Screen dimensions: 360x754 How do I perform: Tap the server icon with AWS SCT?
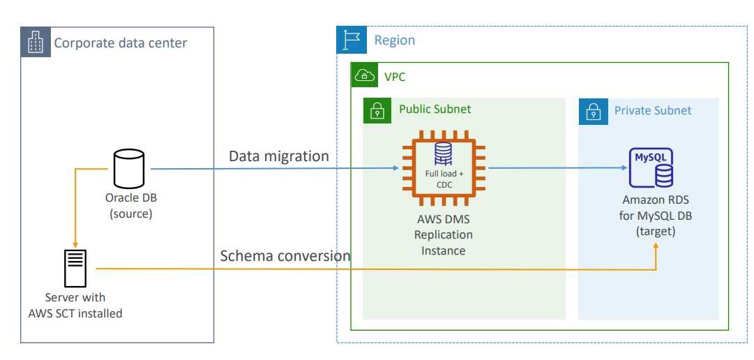[75, 268]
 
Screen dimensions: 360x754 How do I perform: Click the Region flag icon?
[351, 40]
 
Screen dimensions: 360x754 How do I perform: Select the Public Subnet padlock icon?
[377, 110]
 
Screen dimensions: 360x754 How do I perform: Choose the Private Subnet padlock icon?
[592, 111]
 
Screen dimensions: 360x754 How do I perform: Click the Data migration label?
[279, 156]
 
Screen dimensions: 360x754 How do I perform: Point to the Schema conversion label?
[285, 256]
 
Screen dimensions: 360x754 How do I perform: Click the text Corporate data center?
[121, 43]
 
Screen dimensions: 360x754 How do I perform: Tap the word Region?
[395, 40]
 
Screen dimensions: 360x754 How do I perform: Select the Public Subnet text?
[435, 110]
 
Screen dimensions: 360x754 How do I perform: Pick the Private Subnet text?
[653, 110]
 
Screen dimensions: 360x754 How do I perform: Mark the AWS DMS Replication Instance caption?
[443, 234]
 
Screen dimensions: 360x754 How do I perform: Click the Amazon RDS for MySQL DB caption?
[655, 216]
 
